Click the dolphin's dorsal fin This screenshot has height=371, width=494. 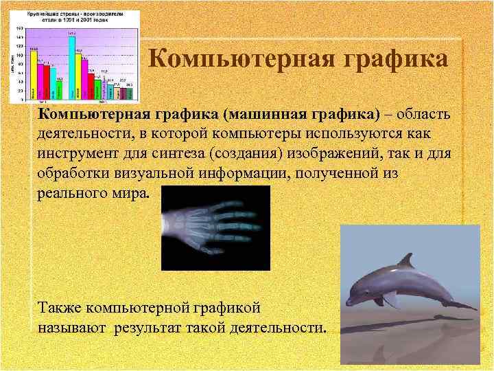coord(408,261)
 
